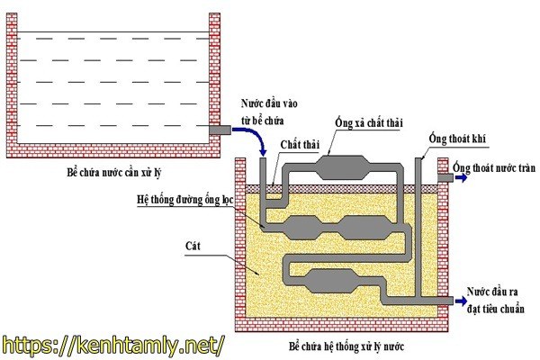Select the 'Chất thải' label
(299, 144)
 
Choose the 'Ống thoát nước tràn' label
(493, 168)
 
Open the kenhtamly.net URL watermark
(112, 345)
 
